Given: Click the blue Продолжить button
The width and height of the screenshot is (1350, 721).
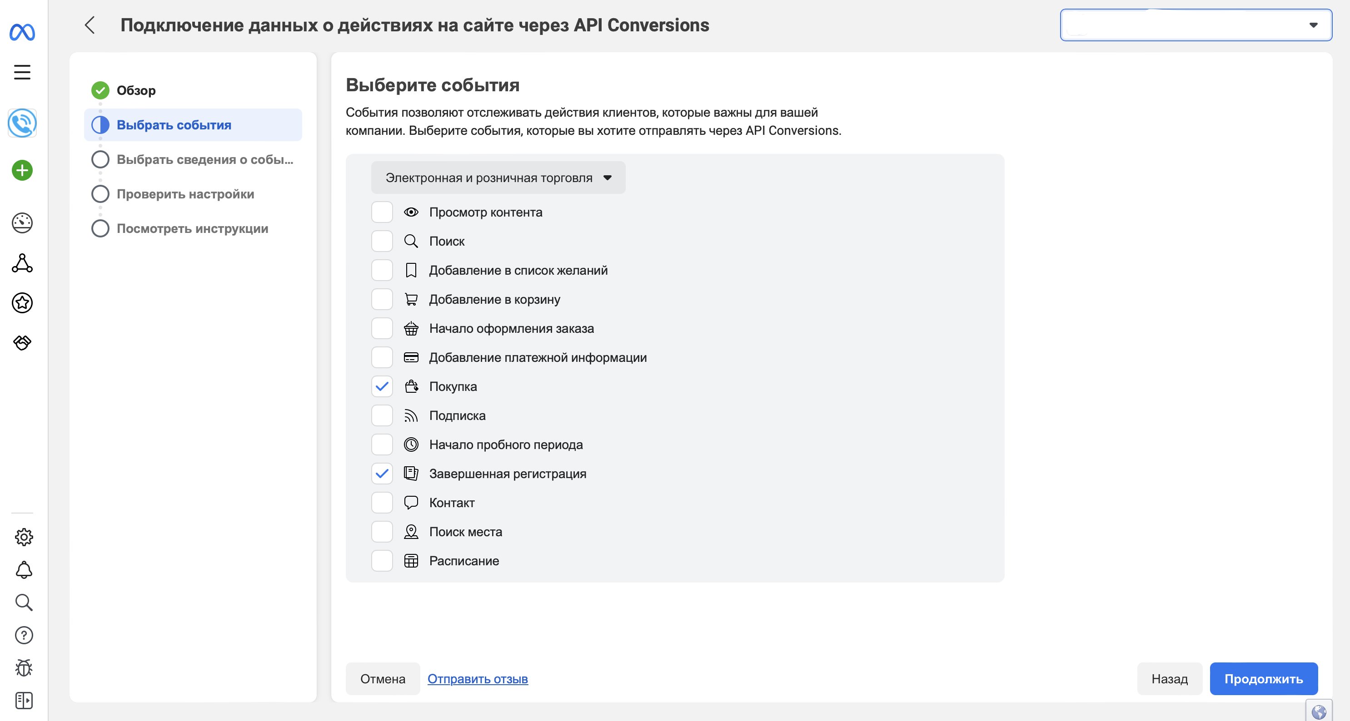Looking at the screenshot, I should [x=1263, y=679].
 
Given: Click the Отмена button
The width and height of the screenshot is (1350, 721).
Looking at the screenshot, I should [x=383, y=679].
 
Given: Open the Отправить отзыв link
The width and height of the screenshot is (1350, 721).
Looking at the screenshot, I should [x=478, y=679].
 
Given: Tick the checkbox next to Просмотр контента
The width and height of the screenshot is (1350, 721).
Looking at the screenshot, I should [x=382, y=212].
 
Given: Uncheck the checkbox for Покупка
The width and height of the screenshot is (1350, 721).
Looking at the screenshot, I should [x=382, y=386].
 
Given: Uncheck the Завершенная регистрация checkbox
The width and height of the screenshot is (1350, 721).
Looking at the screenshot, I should [x=382, y=474].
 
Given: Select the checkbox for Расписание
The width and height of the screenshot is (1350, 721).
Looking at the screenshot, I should [x=382, y=561].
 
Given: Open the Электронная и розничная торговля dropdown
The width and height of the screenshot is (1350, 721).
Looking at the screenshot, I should [x=498, y=178].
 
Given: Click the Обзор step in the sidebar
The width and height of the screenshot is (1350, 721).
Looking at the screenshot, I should [x=136, y=91].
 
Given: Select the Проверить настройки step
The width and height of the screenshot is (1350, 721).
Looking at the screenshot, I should [x=185, y=194].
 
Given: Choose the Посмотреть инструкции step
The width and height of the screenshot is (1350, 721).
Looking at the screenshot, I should [x=192, y=228].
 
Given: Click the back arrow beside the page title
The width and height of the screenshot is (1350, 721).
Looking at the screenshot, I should [x=90, y=25].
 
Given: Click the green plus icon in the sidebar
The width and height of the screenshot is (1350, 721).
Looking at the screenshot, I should [x=22, y=170].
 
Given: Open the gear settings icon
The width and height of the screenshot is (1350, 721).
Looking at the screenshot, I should [x=24, y=537].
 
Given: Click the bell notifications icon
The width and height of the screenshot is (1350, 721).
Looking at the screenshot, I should [x=24, y=570].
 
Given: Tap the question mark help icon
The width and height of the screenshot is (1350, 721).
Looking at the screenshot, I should [x=24, y=635].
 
